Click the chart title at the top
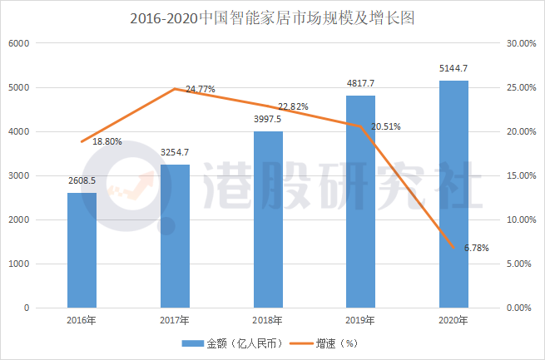click(x=271, y=17)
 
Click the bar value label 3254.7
click(x=175, y=152)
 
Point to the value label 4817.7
click(x=360, y=83)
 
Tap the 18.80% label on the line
click(x=107, y=141)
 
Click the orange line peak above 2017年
click(x=174, y=89)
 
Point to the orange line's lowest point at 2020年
click(x=453, y=248)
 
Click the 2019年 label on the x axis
click(x=360, y=321)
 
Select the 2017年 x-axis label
click(x=175, y=321)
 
